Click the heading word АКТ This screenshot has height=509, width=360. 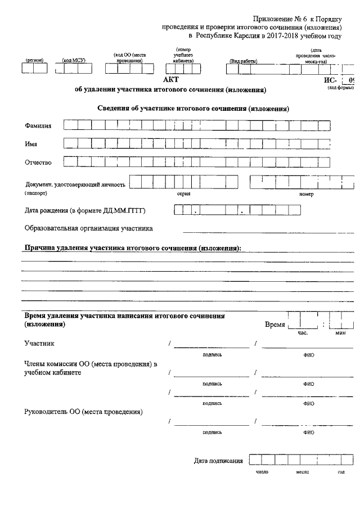[x=170, y=80]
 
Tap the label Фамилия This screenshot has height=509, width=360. [x=38, y=126]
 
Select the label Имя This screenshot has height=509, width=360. [x=31, y=144]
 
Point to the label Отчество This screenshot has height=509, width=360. [x=38, y=163]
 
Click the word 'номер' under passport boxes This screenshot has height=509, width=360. [x=306, y=194]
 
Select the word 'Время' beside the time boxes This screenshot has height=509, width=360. [x=274, y=325]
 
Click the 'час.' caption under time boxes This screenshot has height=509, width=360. [x=303, y=333]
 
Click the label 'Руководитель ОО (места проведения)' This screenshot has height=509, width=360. [x=83, y=412]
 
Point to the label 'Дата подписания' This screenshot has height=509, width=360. [x=218, y=461]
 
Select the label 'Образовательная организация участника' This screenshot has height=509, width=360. [x=89, y=228]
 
